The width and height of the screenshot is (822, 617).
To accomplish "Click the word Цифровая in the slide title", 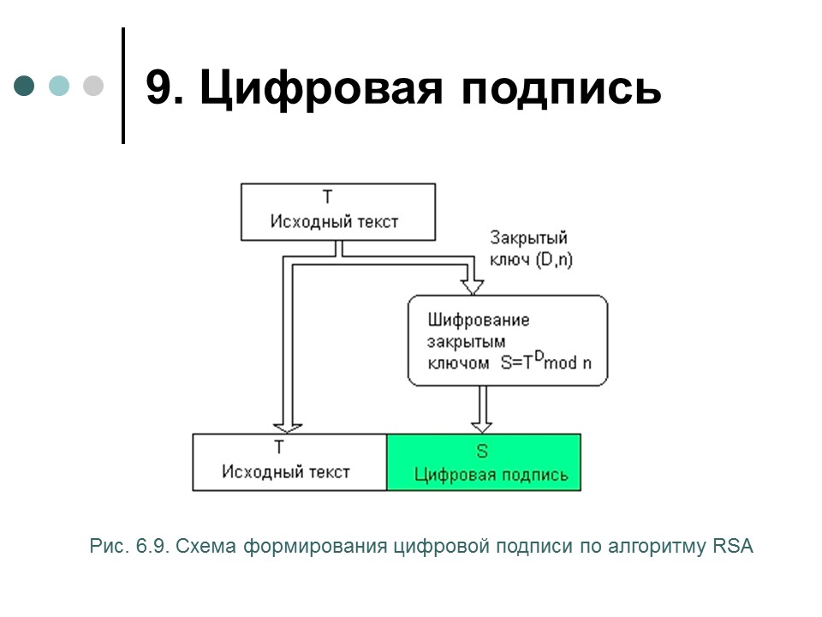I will (320, 88).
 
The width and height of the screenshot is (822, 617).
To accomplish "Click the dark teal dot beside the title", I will (25, 86).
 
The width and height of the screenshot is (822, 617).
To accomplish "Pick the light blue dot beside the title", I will (59, 86).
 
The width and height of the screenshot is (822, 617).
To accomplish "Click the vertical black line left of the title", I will (123, 86).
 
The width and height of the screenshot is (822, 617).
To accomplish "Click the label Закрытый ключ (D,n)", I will (530, 249).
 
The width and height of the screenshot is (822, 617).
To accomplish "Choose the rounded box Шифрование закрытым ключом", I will (507, 339).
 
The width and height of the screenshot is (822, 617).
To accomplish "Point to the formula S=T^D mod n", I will (545, 362).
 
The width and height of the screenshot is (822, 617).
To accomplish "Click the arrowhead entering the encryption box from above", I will (468, 285).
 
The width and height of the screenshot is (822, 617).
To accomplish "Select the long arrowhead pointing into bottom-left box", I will (286, 426).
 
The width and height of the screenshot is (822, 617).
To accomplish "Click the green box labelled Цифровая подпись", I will (484, 463).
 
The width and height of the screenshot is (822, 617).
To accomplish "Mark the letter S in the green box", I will (481, 450).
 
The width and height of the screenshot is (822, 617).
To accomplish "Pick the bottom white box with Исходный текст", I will (289, 463).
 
